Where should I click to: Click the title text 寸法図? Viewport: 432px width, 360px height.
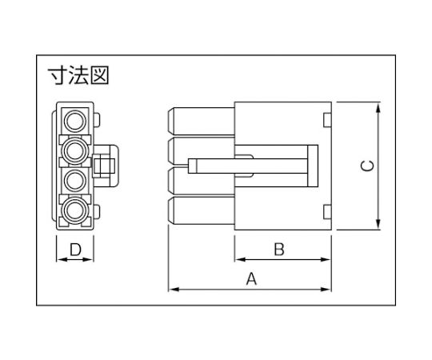pos(78,75)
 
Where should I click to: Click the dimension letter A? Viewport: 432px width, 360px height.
pos(251,278)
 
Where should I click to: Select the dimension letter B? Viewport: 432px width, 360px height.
pos(279,249)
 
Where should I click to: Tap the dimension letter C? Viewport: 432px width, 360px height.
pos(368,166)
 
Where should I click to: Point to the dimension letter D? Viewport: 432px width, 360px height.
pos(75,250)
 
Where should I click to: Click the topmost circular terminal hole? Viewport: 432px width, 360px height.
pos(75,121)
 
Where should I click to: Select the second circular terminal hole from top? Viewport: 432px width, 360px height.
pos(75,150)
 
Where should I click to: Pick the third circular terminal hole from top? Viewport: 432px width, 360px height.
pos(75,181)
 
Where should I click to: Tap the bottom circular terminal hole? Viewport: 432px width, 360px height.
pos(75,210)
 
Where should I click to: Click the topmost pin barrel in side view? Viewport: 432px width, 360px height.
pos(201,122)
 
